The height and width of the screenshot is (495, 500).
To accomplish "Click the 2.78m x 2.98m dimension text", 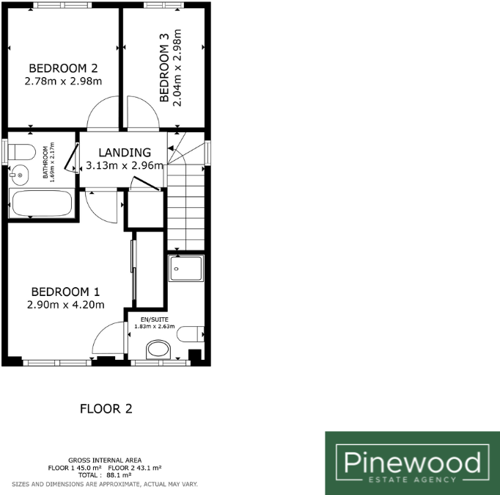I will pyautogui.click(x=64, y=80).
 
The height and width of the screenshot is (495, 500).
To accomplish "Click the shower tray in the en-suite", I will pyautogui.click(x=185, y=269).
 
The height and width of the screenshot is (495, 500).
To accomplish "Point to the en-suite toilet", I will pyautogui.click(x=191, y=333).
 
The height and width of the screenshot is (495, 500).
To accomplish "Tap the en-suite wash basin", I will pyautogui.click(x=158, y=348).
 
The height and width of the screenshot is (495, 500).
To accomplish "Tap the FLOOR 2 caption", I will pyautogui.click(x=106, y=409).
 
